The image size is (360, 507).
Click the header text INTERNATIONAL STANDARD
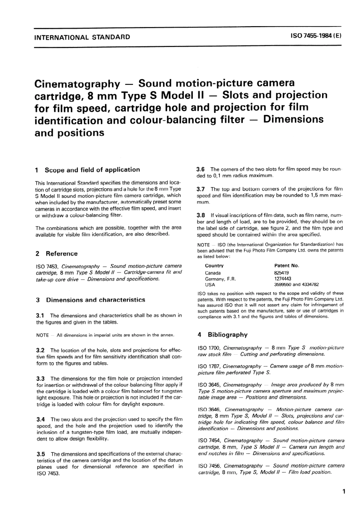pos(82,37)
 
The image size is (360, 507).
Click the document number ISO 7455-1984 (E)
pos(316,37)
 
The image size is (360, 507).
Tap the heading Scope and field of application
pos(92,170)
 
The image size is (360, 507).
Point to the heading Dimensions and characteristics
pos(95,300)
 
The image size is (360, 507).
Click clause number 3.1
pos(41,315)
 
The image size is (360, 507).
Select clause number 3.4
pos(41,419)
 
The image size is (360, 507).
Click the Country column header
pos(214,266)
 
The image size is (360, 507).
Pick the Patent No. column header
pos(286,266)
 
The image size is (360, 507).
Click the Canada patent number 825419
pos(281,272)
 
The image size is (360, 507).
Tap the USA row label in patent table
pos(210,285)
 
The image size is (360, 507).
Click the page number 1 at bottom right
pos(343,492)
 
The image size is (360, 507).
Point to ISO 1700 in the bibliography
pos(209,347)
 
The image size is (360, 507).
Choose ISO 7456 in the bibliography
pos(210,466)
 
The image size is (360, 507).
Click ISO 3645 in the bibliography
pos(210,385)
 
